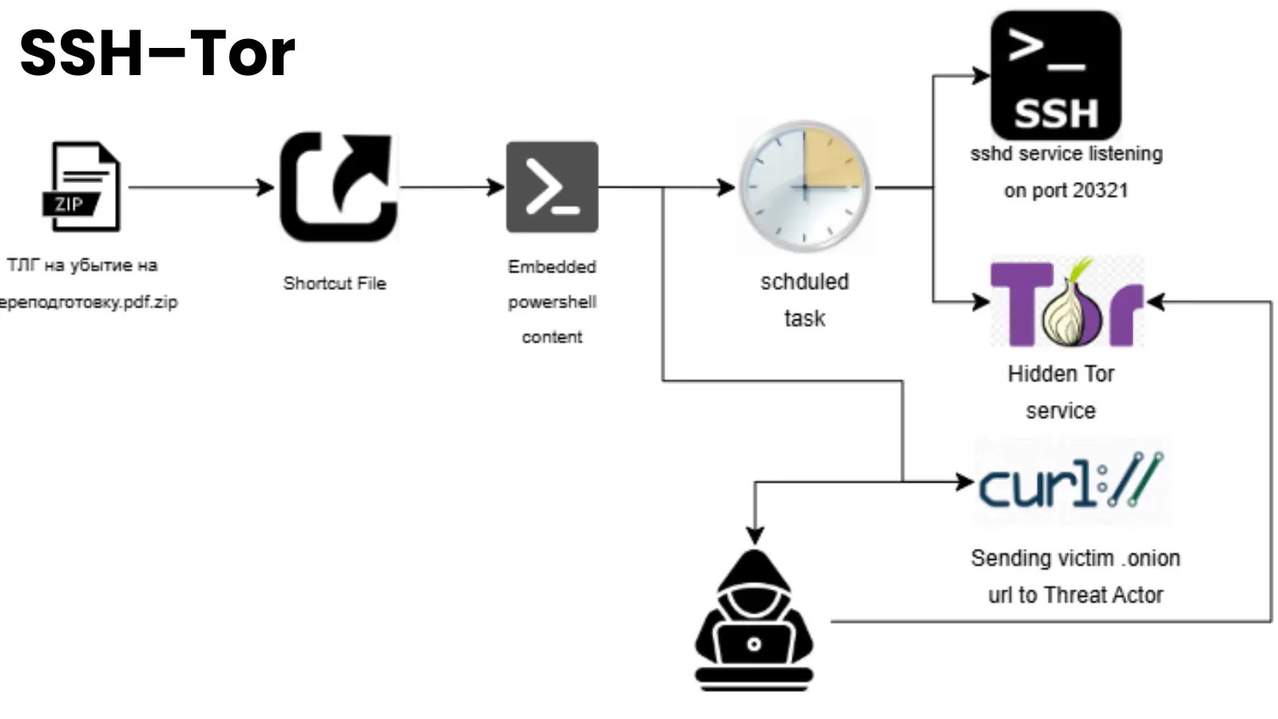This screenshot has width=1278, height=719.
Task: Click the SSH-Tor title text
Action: (x=157, y=54)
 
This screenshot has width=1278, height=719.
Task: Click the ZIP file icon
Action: (x=82, y=188)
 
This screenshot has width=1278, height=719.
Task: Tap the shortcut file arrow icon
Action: (x=339, y=187)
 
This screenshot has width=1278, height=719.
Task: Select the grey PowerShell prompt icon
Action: (x=552, y=188)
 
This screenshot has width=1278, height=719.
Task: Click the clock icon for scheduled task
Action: (x=804, y=187)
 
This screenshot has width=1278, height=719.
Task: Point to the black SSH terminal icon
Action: (x=1055, y=76)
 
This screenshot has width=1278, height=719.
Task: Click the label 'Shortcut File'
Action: (x=335, y=284)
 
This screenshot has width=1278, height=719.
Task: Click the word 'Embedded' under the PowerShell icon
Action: (x=552, y=267)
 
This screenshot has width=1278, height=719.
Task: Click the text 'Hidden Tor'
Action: (x=1061, y=374)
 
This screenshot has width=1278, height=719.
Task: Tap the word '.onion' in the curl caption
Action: (x=1153, y=558)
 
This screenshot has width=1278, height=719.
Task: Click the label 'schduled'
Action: (x=804, y=282)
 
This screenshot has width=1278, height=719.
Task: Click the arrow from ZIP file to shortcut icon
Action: (x=200, y=188)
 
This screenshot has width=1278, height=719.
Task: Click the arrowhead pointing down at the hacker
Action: (x=755, y=534)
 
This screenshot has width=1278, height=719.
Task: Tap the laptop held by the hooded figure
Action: (x=754, y=645)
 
